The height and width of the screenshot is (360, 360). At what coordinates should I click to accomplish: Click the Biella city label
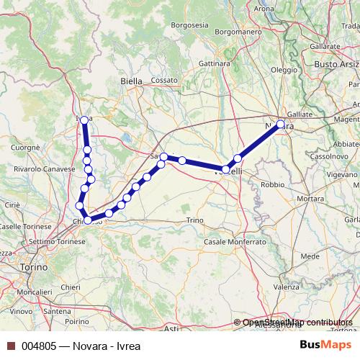[132, 81]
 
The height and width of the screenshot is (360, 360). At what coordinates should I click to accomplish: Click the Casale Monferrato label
[234, 242]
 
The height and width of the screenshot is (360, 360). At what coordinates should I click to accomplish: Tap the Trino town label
[195, 220]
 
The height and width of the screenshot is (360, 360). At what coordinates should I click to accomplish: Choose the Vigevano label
[341, 174]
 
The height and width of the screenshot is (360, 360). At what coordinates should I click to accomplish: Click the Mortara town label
[310, 198]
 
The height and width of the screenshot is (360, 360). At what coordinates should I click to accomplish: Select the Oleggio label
[284, 70]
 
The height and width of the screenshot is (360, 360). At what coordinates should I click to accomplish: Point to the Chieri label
[71, 287]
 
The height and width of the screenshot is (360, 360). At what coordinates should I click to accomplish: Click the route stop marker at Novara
[280, 125]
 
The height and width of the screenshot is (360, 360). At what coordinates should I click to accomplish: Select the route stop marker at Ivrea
[84, 120]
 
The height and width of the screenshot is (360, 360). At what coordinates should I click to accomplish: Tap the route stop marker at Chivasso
[87, 220]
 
